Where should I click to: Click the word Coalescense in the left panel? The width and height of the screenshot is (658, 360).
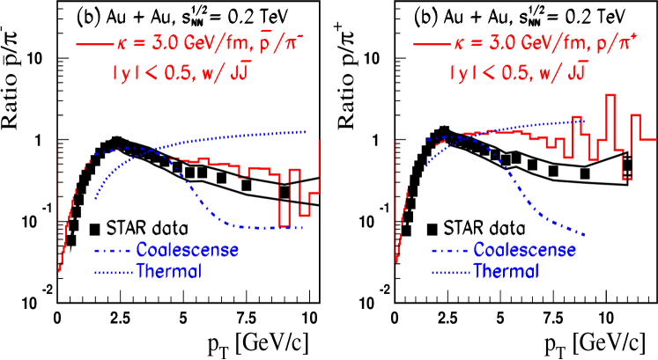coord(187,250)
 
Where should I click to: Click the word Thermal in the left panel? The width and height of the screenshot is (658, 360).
coord(169,271)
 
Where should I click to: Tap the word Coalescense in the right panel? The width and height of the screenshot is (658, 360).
coord(525,250)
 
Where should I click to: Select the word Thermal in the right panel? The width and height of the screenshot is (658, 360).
coord(506,271)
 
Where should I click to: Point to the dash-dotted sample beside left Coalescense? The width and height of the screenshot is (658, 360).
coord(113,251)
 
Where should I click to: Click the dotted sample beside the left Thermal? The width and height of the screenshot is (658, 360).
coord(113,272)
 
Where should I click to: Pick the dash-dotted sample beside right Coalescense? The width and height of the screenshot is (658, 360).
coord(450,251)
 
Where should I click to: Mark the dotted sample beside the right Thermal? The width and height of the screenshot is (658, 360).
coord(450,272)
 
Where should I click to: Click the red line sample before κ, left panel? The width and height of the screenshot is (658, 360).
coord(92,44)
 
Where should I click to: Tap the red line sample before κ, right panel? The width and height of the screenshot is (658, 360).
coord(429,44)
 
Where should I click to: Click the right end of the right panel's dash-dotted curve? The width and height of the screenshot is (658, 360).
coord(585,234)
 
